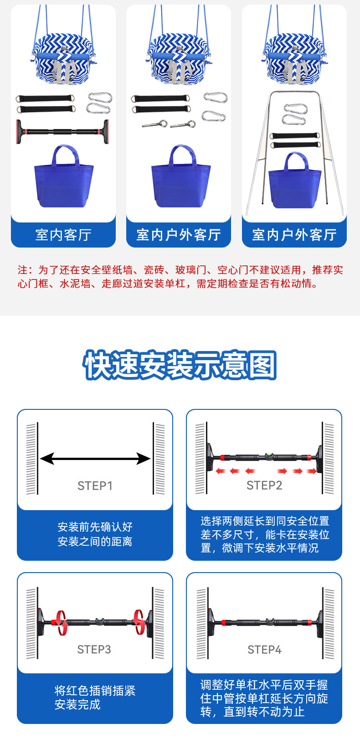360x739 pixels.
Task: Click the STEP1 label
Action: (95, 486)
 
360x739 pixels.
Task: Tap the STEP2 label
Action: (264, 486)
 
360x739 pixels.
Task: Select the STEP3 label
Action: (94, 649)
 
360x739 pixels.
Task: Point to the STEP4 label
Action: (264, 650)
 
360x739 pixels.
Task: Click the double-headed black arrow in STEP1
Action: (95, 459)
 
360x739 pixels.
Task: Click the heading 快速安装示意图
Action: (180, 365)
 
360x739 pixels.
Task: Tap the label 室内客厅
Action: (63, 235)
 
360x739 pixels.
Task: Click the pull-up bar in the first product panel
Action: (62, 132)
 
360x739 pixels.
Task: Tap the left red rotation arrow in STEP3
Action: (60, 622)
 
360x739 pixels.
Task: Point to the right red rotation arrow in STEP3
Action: (139, 622)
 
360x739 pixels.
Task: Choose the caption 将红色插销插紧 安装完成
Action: (95, 698)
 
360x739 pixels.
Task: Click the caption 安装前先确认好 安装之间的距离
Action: (95, 534)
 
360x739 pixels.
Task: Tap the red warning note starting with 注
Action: (180, 277)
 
